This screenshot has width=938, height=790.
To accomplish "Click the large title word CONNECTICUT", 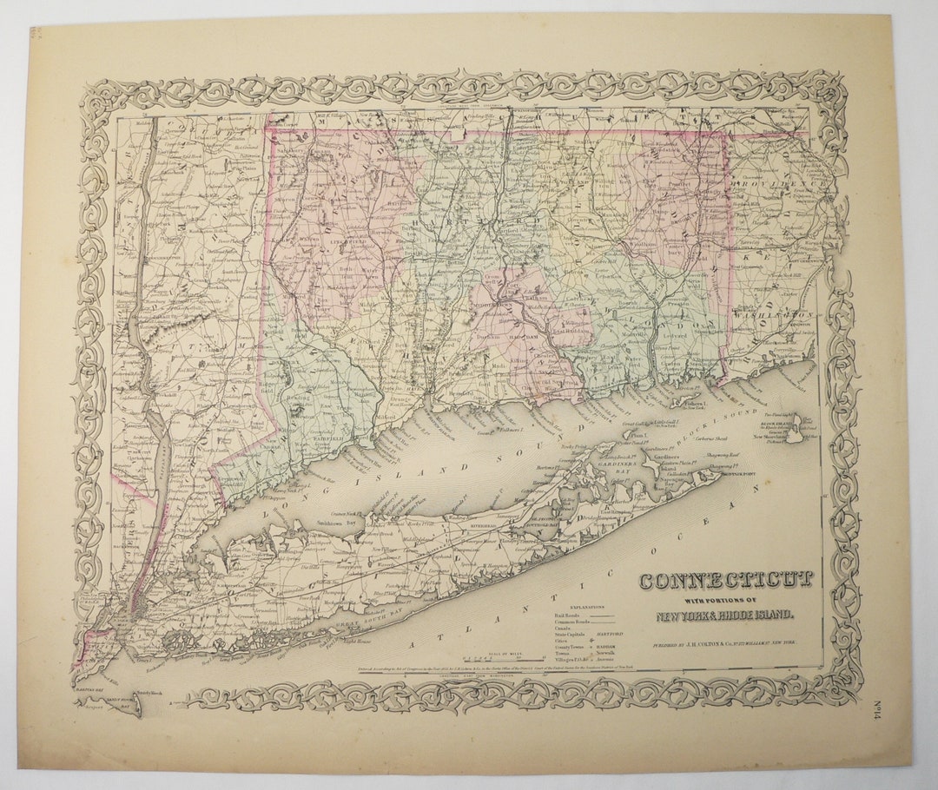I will pos(727,580).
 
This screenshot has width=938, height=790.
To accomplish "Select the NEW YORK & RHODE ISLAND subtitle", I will pos(724,616).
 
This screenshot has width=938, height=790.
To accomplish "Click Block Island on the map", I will pos(794,433).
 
